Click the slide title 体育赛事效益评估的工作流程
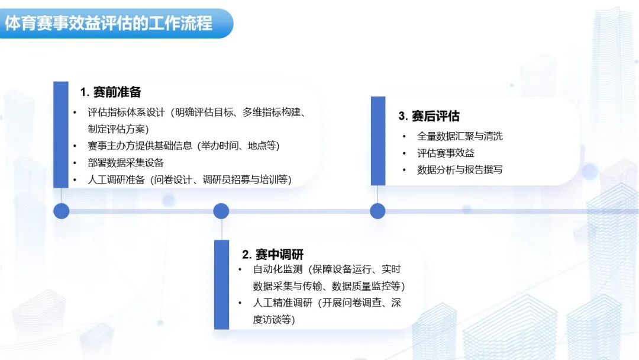[109, 23]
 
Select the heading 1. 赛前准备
[111, 92]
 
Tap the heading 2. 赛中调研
[273, 255]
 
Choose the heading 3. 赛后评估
[429, 116]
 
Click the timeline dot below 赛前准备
[61, 211]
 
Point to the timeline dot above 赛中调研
[221, 211]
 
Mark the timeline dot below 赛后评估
[377, 211]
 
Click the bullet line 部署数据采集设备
[125, 163]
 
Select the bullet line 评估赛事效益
[446, 153]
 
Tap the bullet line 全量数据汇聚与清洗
[460, 136]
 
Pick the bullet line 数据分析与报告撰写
[460, 170]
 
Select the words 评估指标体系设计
[126, 112]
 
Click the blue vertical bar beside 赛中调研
[221, 284]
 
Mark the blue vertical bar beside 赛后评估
[377, 141]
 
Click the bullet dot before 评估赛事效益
[404, 153]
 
